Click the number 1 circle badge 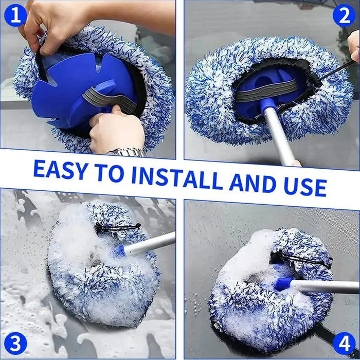[15, 16]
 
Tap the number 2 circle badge [344, 16]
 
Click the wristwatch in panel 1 [127, 152]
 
